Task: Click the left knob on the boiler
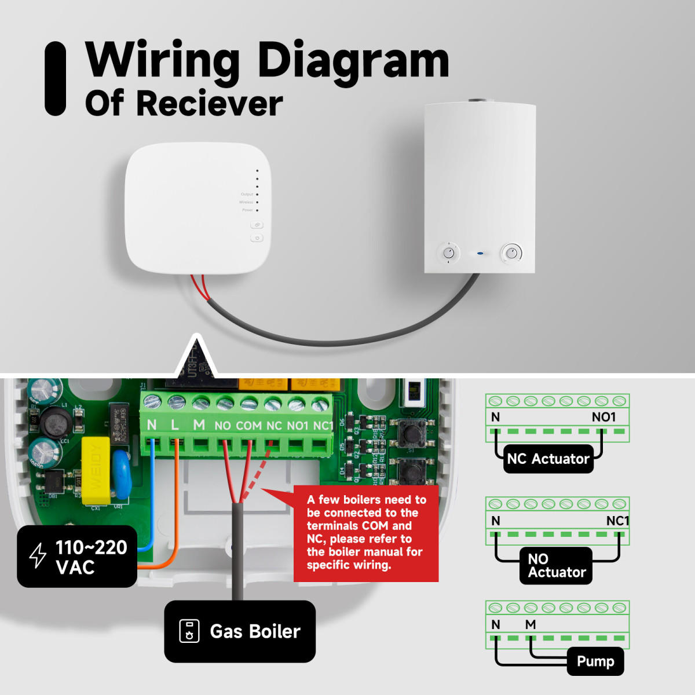[x=449, y=253]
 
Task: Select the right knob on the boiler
[x=511, y=253]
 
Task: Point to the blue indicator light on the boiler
[x=480, y=253]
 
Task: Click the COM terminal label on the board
[x=248, y=426]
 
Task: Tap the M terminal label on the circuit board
[x=199, y=425]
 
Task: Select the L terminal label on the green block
[x=175, y=425]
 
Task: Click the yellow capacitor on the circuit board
[x=96, y=470]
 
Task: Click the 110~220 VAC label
[x=91, y=557]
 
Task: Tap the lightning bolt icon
[x=38, y=555]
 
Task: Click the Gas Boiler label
[x=255, y=631]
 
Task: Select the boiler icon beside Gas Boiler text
[x=189, y=631]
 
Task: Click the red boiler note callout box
[x=366, y=532]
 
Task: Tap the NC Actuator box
[x=548, y=459]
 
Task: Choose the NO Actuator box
[x=556, y=565]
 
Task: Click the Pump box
[x=595, y=661]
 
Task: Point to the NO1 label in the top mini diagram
[x=603, y=417]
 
